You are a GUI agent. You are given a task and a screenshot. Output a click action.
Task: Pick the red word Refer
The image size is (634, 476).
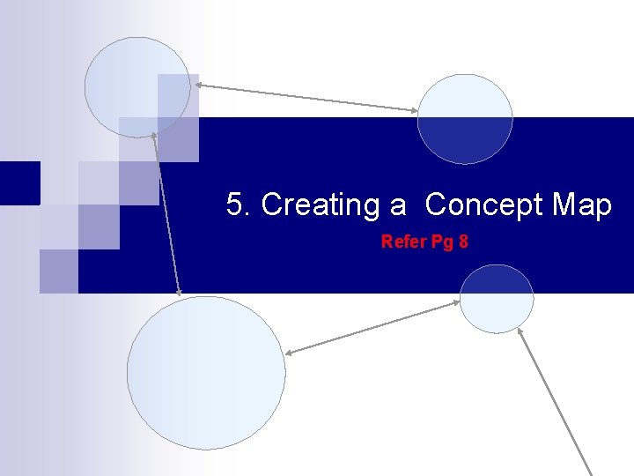pos(402,242)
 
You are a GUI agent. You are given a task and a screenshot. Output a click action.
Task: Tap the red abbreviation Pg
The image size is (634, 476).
pos(439,242)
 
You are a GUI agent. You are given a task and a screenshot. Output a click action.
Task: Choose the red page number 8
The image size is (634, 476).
pos(462,242)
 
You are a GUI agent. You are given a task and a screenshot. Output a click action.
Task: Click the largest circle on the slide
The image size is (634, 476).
pos(206,373)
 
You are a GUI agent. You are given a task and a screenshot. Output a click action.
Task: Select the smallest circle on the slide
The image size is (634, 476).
pos(497,298)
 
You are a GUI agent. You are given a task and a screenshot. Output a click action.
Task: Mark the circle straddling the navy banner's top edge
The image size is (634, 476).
pos(465,119)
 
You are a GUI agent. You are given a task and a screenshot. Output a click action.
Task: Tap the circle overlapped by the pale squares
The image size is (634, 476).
pos(136,86)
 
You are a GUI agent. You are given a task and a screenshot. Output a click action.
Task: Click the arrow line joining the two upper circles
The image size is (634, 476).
pos(306,97)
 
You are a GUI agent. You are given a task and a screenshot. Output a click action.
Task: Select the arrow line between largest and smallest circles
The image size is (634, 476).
pos(372,328)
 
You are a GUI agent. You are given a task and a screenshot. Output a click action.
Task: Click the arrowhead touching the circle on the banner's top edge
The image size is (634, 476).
pos(416,110)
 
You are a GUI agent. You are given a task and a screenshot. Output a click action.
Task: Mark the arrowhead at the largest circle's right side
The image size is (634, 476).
pos(289,353)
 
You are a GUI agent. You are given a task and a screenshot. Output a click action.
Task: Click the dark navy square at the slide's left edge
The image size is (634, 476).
pos(19,182)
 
